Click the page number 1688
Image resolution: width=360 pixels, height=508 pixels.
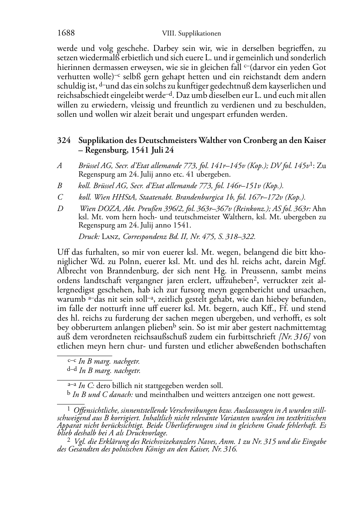[x=66, y=33]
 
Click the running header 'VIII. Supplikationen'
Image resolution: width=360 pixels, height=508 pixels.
[x=191, y=34]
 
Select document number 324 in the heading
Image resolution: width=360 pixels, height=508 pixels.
[x=63, y=140]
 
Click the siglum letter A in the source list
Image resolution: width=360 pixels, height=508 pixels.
[x=60, y=166]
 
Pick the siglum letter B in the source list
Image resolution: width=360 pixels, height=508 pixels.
[x=60, y=186]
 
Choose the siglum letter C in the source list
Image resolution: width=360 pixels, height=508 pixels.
[x=60, y=197]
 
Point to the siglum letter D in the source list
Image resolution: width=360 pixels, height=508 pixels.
[x=60, y=209]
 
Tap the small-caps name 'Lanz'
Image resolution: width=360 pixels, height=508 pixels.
[x=110, y=236]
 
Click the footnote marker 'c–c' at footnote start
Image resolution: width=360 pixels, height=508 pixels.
[x=72, y=361]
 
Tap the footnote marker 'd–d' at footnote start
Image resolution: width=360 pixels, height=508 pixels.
[x=72, y=371]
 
